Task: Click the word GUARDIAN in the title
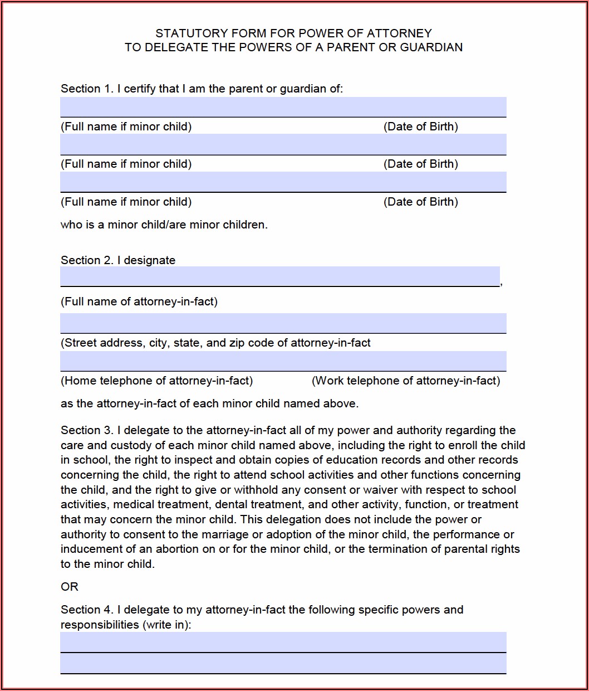click(431, 47)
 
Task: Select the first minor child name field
click(283, 106)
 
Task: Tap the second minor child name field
click(283, 144)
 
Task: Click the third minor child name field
click(283, 182)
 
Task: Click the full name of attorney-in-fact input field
click(279, 276)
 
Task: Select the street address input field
click(283, 323)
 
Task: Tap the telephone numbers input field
click(283, 361)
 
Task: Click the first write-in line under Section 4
click(283, 642)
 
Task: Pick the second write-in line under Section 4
click(283, 663)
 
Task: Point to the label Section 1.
click(87, 89)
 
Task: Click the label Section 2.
click(87, 260)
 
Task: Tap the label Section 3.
click(87, 430)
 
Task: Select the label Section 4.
click(87, 610)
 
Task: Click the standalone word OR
click(70, 587)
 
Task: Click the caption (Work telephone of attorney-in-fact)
click(406, 381)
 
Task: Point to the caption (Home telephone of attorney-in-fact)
click(156, 381)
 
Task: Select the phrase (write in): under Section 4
click(167, 625)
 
